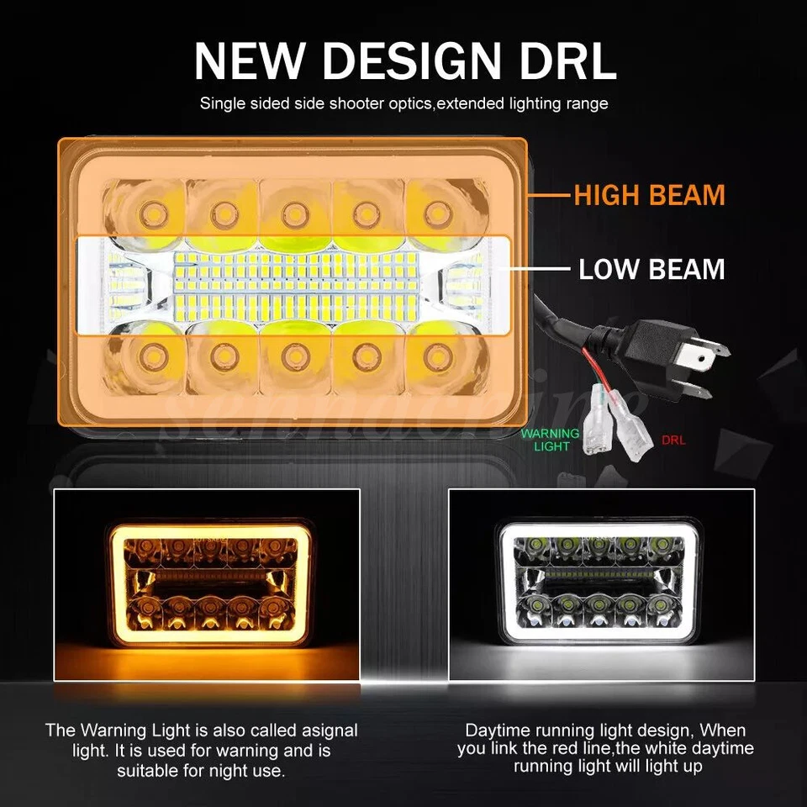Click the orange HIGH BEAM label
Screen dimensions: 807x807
click(x=649, y=195)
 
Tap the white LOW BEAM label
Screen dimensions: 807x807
click(x=651, y=270)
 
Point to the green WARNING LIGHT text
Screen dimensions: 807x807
click(x=551, y=440)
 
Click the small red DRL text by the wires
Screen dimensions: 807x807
click(x=674, y=439)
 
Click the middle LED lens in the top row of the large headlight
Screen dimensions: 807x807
click(x=292, y=210)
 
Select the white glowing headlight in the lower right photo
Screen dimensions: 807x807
click(x=600, y=586)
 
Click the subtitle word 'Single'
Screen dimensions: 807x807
click(x=221, y=104)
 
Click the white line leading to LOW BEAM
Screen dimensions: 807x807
click(x=538, y=270)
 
